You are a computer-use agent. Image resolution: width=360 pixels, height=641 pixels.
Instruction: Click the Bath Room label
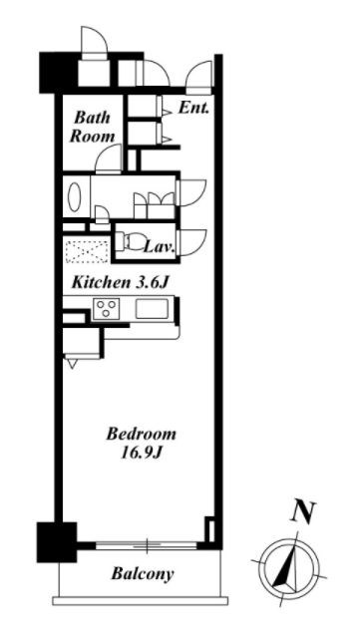[92, 127]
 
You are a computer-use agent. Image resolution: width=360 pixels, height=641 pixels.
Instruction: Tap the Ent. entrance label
[193, 108]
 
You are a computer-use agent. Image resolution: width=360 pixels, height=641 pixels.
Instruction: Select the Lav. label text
[161, 246]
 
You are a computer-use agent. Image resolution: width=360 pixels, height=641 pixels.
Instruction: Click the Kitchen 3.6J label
[120, 283]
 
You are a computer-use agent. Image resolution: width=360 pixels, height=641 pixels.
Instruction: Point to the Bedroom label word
[142, 434]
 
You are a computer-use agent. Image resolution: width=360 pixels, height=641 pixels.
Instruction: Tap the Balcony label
[143, 574]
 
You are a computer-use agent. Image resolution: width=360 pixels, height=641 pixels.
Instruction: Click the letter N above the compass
[303, 511]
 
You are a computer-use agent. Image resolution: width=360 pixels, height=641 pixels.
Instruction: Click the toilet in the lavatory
[127, 241]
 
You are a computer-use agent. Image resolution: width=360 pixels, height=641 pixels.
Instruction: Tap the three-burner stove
[106, 309]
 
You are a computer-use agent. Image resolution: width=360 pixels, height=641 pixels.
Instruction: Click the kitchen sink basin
[152, 309]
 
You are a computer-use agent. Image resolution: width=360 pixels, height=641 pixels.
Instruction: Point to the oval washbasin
[75, 197]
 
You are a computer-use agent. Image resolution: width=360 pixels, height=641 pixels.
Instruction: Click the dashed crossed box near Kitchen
[87, 252]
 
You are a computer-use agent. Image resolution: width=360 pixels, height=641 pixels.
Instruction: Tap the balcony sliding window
[146, 545]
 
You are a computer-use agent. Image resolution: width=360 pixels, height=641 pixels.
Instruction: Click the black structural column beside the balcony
[57, 542]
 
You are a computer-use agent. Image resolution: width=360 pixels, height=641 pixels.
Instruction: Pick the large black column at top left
[58, 73]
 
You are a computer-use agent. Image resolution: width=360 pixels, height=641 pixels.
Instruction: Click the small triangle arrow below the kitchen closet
[73, 364]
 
